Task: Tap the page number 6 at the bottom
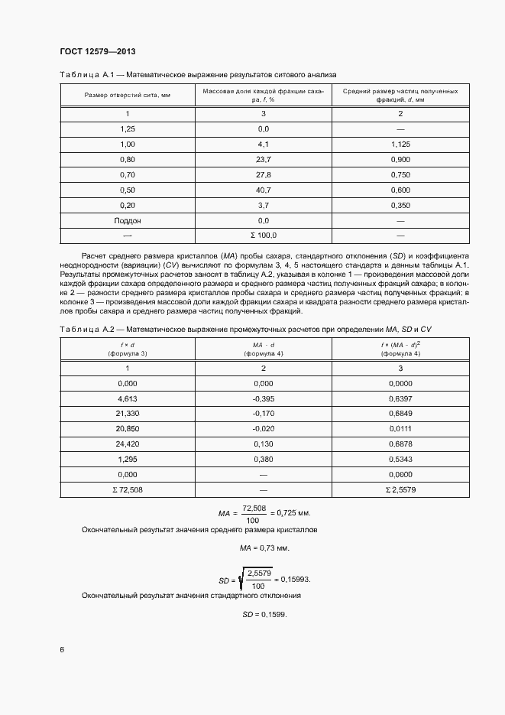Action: tap(62, 649)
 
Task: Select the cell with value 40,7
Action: tap(264, 190)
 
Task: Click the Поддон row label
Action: tap(128, 220)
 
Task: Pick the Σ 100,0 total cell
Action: tap(264, 236)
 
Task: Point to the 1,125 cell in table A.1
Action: tap(400, 144)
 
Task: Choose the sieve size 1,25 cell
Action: tap(128, 128)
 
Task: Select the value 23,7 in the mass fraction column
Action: tap(264, 159)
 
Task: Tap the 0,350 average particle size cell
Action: tap(400, 205)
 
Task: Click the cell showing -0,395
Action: tap(264, 398)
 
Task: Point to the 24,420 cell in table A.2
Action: tap(128, 444)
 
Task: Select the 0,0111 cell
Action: tap(400, 429)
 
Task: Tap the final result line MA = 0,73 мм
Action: tap(264, 548)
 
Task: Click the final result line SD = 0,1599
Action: tap(264, 614)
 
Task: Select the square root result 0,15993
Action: tap(293, 579)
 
